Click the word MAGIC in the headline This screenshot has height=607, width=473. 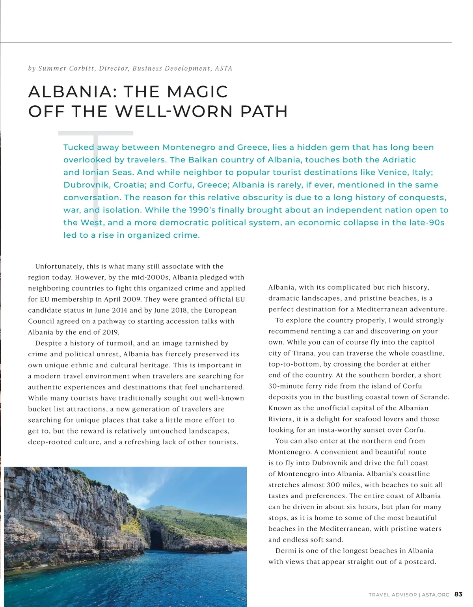coord(197,92)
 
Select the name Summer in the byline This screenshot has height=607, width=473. coord(52,69)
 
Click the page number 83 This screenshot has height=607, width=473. coord(458,594)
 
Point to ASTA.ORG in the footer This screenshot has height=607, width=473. coord(436,595)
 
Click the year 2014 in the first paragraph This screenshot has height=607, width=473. coord(118,310)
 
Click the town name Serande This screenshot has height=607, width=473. coord(432,397)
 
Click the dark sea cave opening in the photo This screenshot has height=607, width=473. coord(156,539)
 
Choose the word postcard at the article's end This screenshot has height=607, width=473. coord(421,562)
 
